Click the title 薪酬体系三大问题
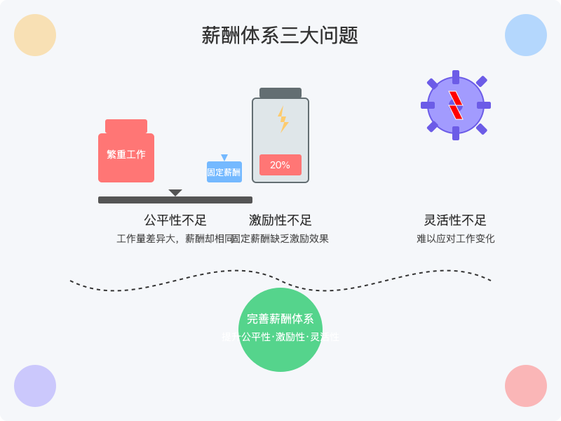[x=280, y=36]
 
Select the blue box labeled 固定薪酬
[x=224, y=172]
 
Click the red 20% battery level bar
[x=280, y=165]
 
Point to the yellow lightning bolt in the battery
[x=283, y=119]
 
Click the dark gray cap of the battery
[x=280, y=93]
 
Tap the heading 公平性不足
[x=175, y=220]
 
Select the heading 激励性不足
[x=280, y=220]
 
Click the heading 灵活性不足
[x=456, y=220]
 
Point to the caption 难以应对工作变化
[x=456, y=239]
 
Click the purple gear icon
[x=456, y=105]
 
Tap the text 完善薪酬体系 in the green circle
[x=280, y=319]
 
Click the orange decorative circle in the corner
[x=35, y=35]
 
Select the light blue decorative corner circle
[x=526, y=35]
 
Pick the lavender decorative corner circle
[x=35, y=386]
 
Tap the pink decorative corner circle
[x=526, y=386]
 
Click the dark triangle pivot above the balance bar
[x=175, y=192]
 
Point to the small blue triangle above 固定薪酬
[x=224, y=158]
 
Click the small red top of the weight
[x=126, y=126]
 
